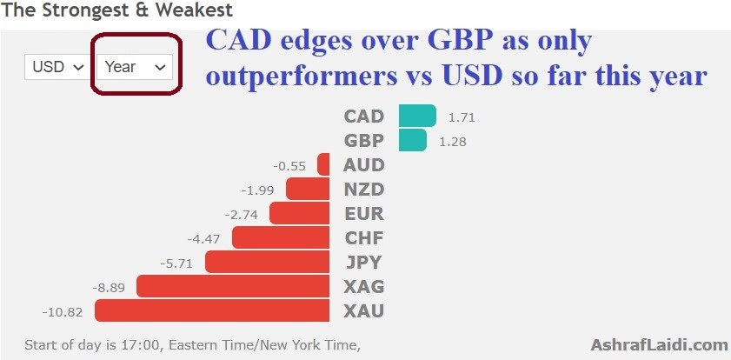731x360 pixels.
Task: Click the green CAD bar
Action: coord(417,116)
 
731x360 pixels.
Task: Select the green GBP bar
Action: coord(413,140)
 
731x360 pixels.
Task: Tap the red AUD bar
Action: coord(323,164)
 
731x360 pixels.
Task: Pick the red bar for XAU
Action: coord(212,310)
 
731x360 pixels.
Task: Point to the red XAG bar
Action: coord(233,286)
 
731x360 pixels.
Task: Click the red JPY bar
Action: coord(267,262)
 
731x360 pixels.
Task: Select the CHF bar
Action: coord(281,237)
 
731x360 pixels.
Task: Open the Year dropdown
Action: coord(134,67)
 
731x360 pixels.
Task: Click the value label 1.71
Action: coord(462,117)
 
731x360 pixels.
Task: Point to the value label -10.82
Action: coord(63,312)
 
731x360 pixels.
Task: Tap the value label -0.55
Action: coord(290,166)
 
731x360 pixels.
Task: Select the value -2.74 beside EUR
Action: coord(241,215)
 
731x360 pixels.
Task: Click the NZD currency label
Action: coord(363,190)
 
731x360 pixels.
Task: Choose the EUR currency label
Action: coord(363,214)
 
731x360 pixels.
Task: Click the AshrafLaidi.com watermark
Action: coord(659,345)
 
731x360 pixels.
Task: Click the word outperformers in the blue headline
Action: coord(301,76)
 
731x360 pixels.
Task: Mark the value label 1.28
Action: coord(453,142)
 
